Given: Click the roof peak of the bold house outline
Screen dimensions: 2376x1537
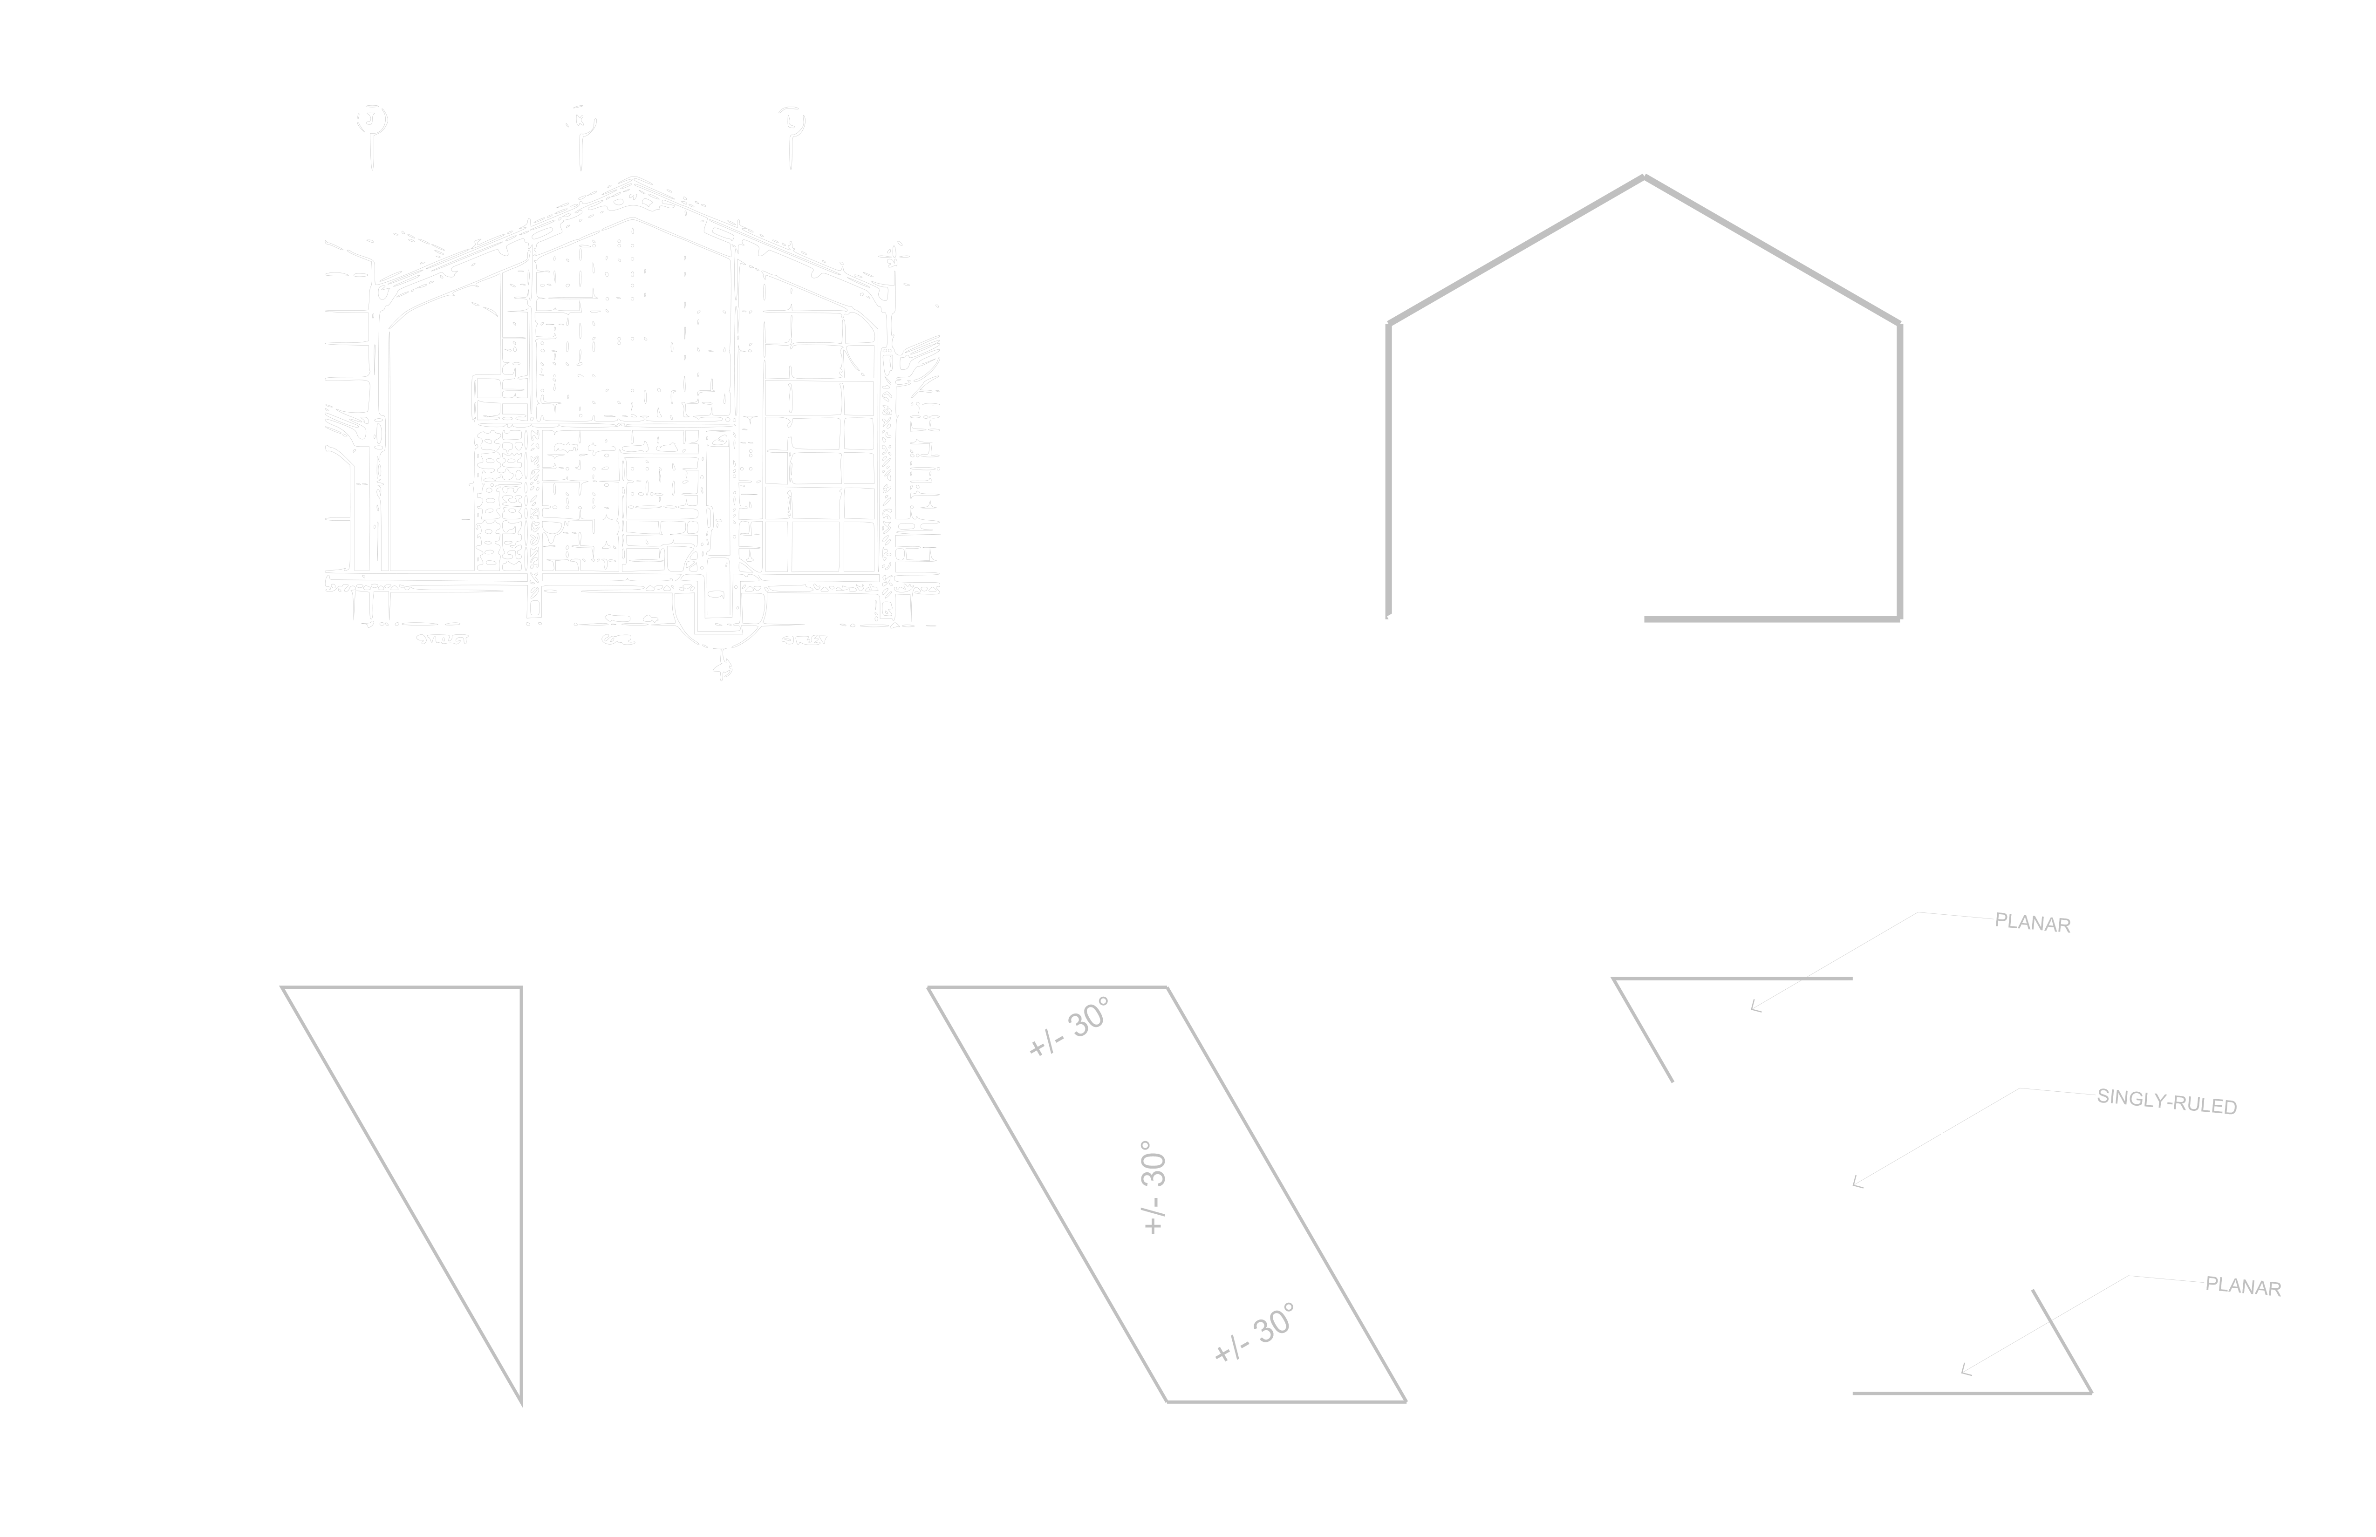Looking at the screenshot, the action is click(1644, 177).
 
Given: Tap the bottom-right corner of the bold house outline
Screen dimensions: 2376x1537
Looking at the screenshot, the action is click(1899, 619).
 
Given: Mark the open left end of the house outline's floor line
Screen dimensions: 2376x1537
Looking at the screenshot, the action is click(1646, 619).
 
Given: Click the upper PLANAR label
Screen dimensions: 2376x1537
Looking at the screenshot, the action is click(2033, 923).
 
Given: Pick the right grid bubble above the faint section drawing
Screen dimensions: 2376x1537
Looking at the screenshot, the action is click(792, 121).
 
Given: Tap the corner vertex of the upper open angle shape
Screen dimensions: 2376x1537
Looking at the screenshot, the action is click(1613, 979).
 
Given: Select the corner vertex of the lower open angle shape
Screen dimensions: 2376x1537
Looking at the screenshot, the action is click(2090, 1392).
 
